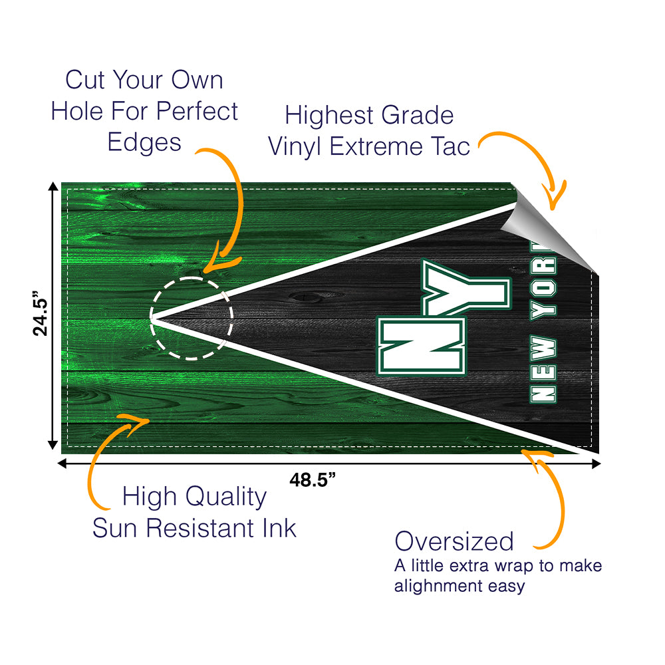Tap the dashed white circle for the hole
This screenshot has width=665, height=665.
pos(192,319)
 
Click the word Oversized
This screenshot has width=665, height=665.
pos(454,541)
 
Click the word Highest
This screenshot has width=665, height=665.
pos(331,115)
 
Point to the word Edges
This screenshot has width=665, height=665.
pos(144,142)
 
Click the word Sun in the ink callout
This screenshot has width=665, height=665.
pos(116,528)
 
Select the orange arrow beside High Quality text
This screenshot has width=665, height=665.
pos(106,452)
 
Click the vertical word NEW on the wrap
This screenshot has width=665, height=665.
pos(543,369)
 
